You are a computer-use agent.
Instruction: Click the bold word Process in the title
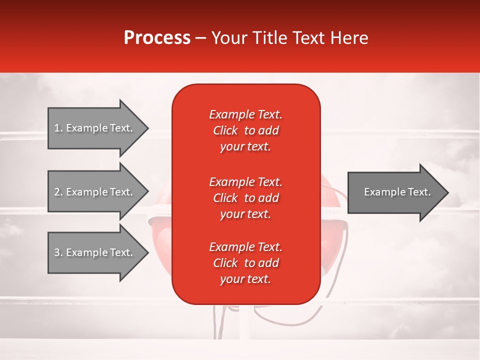[x=157, y=38]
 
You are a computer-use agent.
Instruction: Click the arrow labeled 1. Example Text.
[x=95, y=128]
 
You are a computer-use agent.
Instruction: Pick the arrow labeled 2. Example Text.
[x=95, y=192]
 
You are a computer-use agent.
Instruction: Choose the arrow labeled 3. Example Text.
[x=95, y=252]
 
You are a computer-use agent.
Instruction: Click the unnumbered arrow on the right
[x=395, y=192]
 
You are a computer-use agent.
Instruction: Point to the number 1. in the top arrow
[x=58, y=128]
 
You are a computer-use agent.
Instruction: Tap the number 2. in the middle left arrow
[x=58, y=192]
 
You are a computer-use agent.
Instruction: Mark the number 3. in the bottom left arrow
[x=58, y=252]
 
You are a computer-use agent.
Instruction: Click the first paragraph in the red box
[x=245, y=130]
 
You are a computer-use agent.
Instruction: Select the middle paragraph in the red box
[x=245, y=197]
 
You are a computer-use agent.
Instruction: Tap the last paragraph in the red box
[x=245, y=263]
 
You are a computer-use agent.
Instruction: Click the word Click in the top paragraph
[x=225, y=130]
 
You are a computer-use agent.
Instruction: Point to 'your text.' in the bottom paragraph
[x=245, y=279]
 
